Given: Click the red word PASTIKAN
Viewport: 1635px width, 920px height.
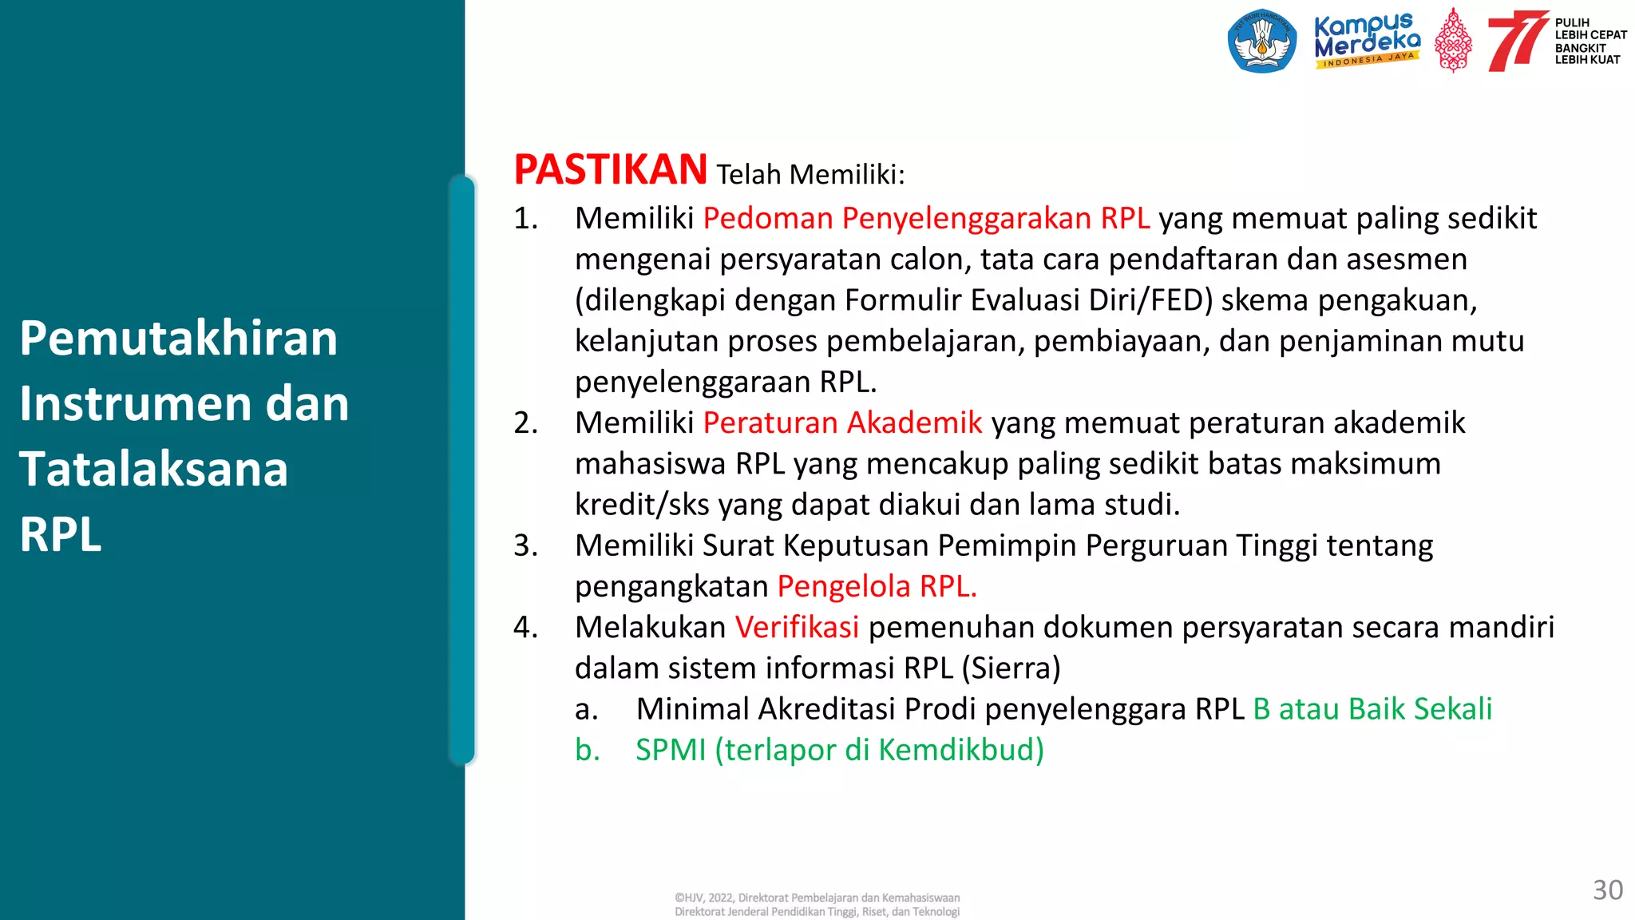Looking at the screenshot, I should click(x=610, y=170).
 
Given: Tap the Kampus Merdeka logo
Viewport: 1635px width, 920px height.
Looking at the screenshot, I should click(x=1367, y=40).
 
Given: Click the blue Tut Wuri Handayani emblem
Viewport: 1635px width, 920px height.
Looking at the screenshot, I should click(x=1261, y=42).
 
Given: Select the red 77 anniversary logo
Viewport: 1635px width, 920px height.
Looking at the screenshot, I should click(x=1516, y=42).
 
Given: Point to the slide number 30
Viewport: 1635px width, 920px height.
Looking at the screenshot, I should click(x=1607, y=890).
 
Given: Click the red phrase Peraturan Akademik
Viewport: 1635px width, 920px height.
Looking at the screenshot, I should click(x=842, y=423).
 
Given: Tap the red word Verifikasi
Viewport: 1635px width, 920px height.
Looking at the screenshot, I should click(x=797, y=628).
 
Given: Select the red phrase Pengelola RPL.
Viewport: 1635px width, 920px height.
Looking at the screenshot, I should click(x=877, y=587).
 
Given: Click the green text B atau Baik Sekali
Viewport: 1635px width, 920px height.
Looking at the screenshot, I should click(x=1372, y=709).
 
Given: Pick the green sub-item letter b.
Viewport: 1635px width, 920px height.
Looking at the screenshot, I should click(x=587, y=751).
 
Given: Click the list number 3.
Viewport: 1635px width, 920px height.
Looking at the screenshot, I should click(x=525, y=546).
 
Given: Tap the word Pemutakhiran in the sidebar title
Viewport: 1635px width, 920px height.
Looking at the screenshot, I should click(x=179, y=338).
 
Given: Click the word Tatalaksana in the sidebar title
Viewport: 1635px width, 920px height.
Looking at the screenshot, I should click(x=153, y=469).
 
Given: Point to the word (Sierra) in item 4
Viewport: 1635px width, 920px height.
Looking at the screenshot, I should click(x=1011, y=668).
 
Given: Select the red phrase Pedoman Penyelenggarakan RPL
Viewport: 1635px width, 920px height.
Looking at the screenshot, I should click(x=926, y=219).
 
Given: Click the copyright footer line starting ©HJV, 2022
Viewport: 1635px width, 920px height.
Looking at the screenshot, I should click(x=817, y=898).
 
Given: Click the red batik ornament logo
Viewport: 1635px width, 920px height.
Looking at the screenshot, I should click(x=1453, y=42).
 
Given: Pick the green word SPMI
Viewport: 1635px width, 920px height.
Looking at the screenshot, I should click(x=671, y=751).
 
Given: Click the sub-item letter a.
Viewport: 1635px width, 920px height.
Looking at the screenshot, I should click(x=586, y=709).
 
